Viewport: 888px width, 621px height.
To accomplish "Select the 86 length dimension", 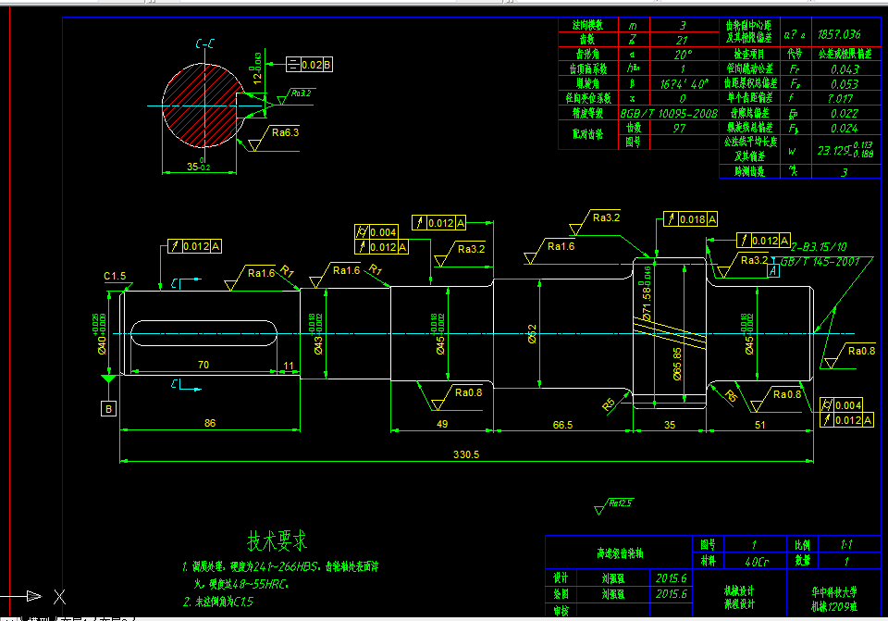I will tap(210, 423).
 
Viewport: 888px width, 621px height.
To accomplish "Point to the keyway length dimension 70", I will tap(202, 366).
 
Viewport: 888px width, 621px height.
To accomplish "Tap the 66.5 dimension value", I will tap(561, 424).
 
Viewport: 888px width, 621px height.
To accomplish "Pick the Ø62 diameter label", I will tap(532, 333).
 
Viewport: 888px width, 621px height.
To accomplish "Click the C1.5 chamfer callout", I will tap(115, 276).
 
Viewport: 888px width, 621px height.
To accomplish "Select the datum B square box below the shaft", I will tap(109, 408).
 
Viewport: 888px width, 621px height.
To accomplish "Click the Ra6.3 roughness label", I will tap(285, 132).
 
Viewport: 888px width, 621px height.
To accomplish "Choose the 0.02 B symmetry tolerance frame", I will tap(310, 64).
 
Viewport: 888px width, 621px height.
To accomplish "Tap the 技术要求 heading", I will tap(277, 540).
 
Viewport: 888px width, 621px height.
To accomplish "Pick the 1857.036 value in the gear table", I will tap(841, 34).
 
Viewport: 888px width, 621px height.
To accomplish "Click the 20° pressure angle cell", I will tap(683, 54).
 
